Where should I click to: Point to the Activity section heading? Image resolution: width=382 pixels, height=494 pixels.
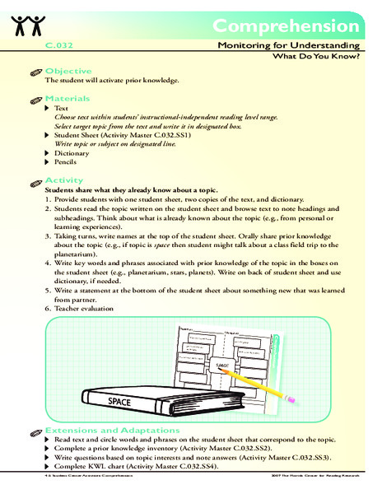(x=64, y=179)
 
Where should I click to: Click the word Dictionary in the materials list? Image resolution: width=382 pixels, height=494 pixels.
(x=72, y=153)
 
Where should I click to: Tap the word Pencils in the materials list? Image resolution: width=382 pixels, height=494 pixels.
(x=67, y=165)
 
